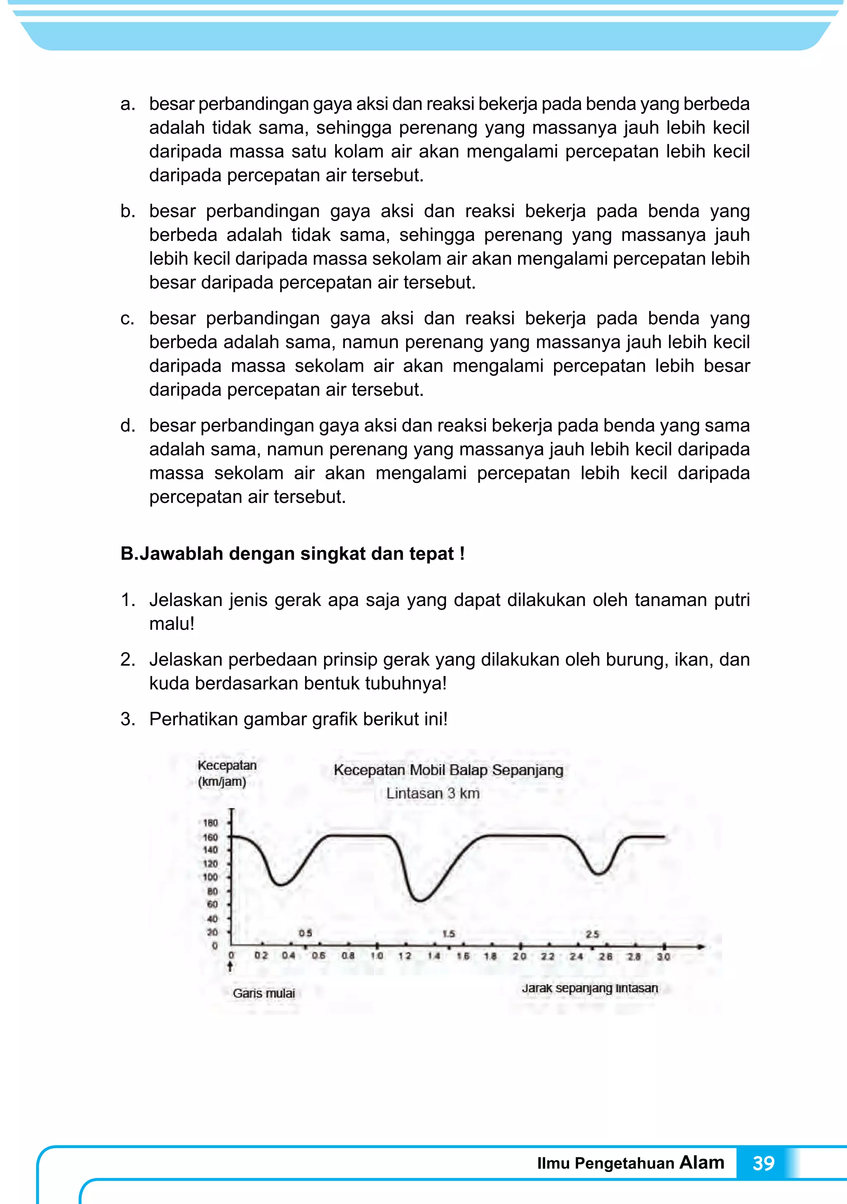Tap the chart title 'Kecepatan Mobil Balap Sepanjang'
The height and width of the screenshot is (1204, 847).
pyautogui.click(x=448, y=770)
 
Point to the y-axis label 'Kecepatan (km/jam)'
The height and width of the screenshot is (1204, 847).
pyautogui.click(x=226, y=773)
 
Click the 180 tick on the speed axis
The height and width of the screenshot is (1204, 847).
pyautogui.click(x=210, y=823)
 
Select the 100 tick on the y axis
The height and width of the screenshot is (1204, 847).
pyautogui.click(x=210, y=877)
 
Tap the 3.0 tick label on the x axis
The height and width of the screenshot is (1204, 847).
pyautogui.click(x=663, y=956)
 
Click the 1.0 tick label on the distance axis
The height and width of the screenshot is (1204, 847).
pyautogui.click(x=377, y=955)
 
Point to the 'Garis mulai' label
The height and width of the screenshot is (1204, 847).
pyautogui.click(x=263, y=993)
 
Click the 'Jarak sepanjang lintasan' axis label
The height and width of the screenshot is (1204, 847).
pyautogui.click(x=590, y=988)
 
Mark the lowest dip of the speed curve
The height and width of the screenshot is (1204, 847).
pyautogui.click(x=420, y=900)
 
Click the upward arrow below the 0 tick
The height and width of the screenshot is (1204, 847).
pyautogui.click(x=230, y=966)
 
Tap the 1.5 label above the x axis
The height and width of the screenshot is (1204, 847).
pyautogui.click(x=449, y=934)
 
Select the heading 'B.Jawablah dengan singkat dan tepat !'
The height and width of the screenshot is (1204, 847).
pyautogui.click(x=292, y=554)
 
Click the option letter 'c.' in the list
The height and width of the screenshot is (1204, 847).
pyautogui.click(x=127, y=318)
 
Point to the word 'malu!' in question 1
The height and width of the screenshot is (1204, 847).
pyautogui.click(x=171, y=624)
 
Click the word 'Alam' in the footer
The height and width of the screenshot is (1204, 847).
pyautogui.click(x=702, y=1162)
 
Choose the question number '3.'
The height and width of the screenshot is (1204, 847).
pyautogui.click(x=127, y=719)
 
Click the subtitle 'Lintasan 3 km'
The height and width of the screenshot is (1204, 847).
pyautogui.click(x=433, y=793)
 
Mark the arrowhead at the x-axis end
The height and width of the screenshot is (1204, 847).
pyautogui.click(x=701, y=947)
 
